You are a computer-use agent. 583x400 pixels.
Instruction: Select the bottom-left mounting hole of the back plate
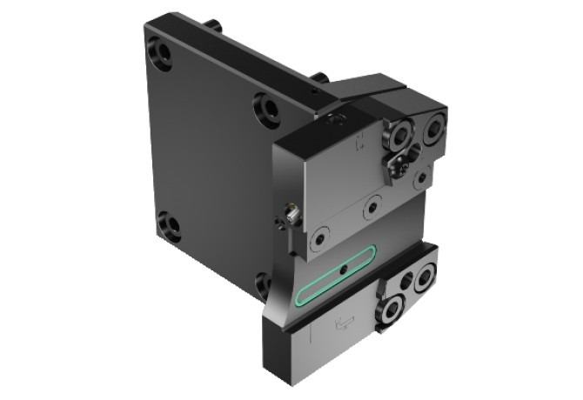[x=171, y=228]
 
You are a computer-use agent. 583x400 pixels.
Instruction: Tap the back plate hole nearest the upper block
[x=266, y=110]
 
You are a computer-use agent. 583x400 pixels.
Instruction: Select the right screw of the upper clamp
[x=432, y=130]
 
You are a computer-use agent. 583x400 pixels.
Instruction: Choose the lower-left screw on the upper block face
[x=322, y=237]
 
